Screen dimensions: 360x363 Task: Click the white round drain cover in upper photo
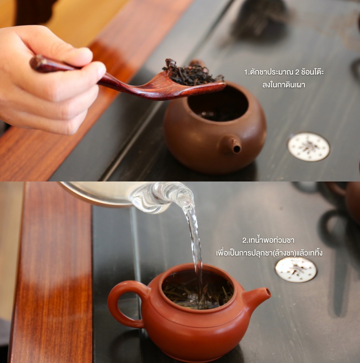309,147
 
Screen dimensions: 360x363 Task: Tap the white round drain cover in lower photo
296,270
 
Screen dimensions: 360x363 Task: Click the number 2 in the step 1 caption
297,72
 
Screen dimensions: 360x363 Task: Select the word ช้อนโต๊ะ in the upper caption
313,72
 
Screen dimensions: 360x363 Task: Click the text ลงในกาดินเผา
284,85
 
